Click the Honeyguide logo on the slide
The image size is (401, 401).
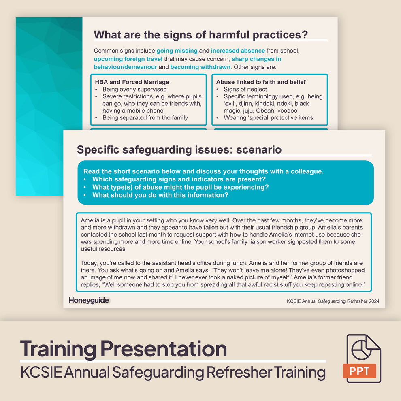coord(89,300)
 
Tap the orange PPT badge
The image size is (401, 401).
coord(359,370)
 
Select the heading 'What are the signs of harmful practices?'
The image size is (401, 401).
coord(200,35)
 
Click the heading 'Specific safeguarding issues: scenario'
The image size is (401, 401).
coord(179,149)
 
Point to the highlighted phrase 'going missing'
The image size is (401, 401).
coord(177,51)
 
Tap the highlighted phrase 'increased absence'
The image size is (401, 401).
coord(238,51)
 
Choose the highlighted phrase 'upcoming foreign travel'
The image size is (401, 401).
coord(128,59)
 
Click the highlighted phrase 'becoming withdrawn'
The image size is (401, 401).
coord(200,67)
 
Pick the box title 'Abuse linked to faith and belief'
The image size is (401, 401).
coord(261,82)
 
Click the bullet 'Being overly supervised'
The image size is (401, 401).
coord(134,89)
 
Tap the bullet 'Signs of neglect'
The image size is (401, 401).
coord(245,89)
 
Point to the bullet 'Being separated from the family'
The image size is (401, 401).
coord(145,118)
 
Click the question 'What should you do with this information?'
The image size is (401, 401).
coord(160,195)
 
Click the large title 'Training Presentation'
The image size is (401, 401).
coord(123,348)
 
